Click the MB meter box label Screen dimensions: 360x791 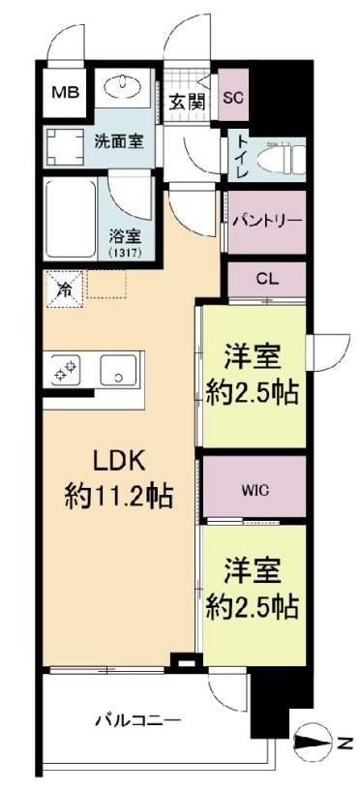(x=67, y=92)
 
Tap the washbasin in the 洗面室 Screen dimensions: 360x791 (x=123, y=88)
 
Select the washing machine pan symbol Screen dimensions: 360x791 (x=65, y=146)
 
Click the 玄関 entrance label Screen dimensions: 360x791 (x=186, y=103)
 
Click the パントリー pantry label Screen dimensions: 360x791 (x=267, y=221)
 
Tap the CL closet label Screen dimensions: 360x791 (x=267, y=279)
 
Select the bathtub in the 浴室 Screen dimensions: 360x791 (x=71, y=219)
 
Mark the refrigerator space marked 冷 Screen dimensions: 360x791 (x=65, y=289)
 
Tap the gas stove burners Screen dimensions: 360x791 (x=66, y=371)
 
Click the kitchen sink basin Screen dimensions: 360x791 (x=118, y=370)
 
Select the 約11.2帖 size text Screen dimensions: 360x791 (x=118, y=497)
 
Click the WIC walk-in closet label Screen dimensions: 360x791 (x=255, y=489)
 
